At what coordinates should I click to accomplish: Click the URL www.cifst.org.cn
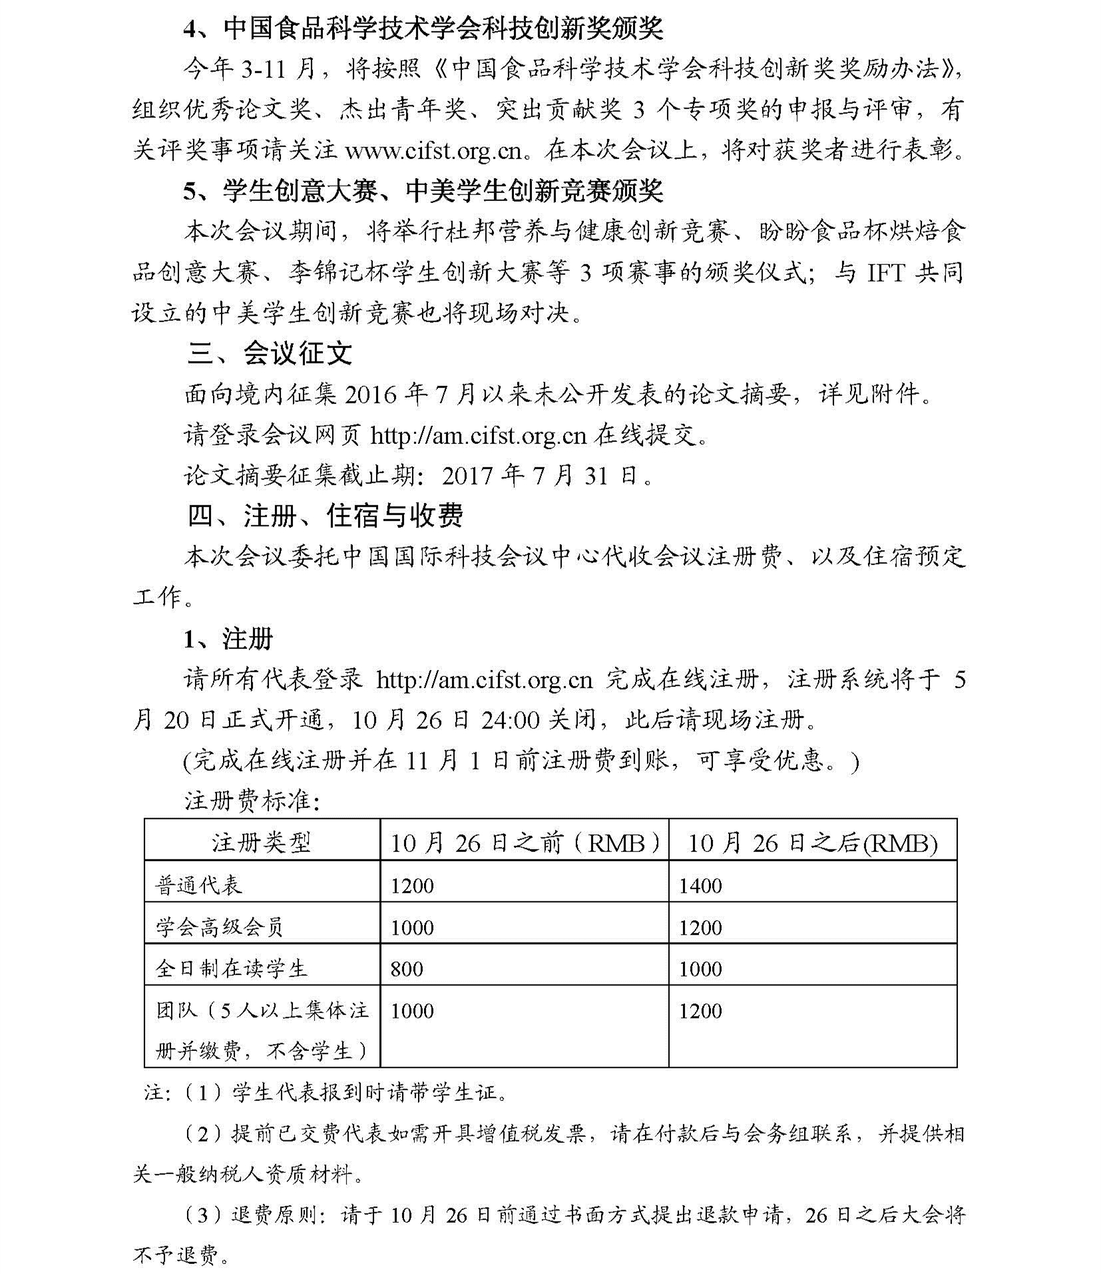point(433,150)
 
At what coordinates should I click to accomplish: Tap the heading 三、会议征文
point(270,353)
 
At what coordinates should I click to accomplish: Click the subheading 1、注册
point(228,639)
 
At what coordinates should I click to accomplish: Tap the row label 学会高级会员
point(220,927)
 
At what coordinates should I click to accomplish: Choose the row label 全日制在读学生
point(231,968)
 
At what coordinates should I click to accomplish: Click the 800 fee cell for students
point(407,968)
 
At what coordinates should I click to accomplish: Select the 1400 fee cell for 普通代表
point(700,886)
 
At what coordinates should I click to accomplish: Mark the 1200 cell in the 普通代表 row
point(412,886)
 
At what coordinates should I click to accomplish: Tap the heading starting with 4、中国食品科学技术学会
point(423,29)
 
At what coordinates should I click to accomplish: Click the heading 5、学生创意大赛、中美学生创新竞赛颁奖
point(423,191)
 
